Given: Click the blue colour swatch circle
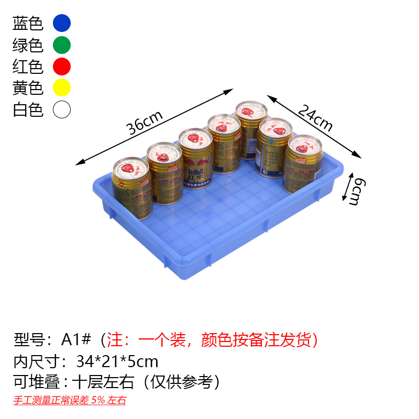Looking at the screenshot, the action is tap(62, 24).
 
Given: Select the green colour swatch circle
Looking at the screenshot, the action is tap(62, 45).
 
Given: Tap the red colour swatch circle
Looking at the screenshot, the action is tap(62, 67).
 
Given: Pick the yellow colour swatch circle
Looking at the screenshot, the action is tap(62, 88).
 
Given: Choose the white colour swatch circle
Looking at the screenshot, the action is tap(62, 110).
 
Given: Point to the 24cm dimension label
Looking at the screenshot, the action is tap(315, 118).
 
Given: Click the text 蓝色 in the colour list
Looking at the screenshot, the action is tap(28, 24).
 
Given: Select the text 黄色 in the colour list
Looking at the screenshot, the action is tap(28, 88).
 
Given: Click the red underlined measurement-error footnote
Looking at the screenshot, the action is tap(70, 401).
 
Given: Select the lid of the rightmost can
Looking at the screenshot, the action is tap(303, 146).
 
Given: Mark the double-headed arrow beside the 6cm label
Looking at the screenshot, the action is tap(346, 188).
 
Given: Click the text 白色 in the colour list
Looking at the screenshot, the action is tap(28, 110).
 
